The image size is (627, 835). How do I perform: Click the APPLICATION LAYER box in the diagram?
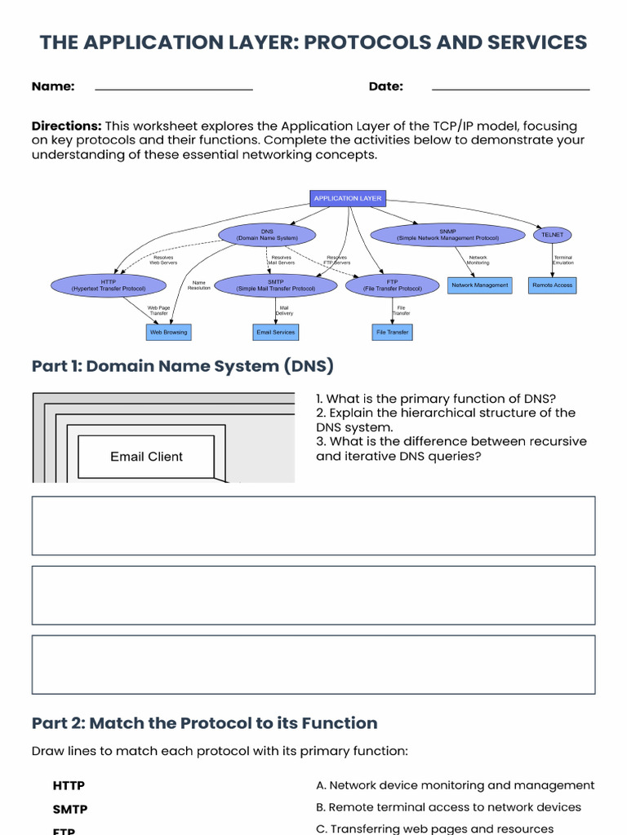(x=348, y=198)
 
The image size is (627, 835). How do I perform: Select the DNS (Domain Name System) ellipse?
(x=267, y=235)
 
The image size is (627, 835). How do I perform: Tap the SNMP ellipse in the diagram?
(x=447, y=235)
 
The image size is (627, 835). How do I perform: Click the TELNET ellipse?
(x=552, y=235)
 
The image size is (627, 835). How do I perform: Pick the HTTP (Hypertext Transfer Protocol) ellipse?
(x=109, y=285)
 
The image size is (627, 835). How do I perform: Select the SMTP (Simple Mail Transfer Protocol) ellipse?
(x=275, y=285)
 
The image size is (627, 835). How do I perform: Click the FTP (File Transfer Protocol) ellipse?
(x=392, y=285)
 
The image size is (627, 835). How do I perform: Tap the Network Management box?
(x=480, y=285)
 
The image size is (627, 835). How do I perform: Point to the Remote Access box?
(x=553, y=285)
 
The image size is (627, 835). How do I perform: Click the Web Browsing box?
(x=168, y=332)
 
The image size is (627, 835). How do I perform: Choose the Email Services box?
(x=276, y=332)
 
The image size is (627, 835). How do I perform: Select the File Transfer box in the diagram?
(x=393, y=332)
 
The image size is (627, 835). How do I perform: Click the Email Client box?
(x=146, y=457)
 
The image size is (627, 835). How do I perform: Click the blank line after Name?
(x=174, y=87)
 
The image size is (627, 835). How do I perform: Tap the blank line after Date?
(x=510, y=87)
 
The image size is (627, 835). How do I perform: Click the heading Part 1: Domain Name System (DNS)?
(x=183, y=366)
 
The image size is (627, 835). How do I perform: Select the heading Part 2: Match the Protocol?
(x=204, y=723)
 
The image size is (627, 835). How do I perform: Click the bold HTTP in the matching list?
(x=69, y=786)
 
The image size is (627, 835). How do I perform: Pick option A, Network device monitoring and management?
(x=455, y=785)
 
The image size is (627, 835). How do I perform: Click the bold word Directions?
(x=66, y=126)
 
